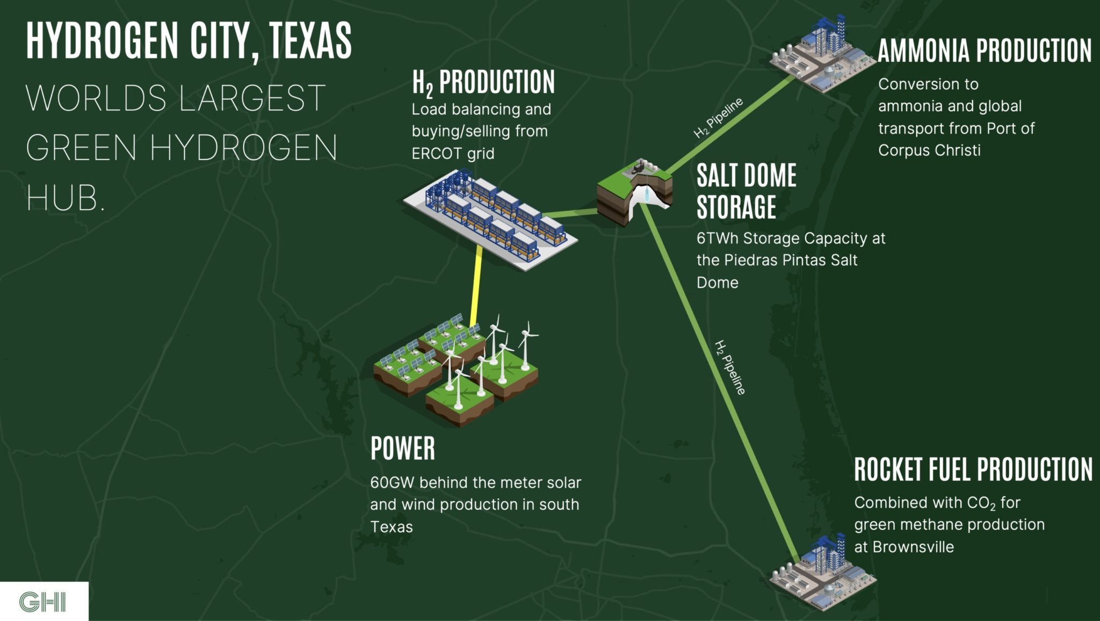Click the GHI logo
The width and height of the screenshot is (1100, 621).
pyautogui.click(x=42, y=602)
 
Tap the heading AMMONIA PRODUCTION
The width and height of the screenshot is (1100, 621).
pyautogui.click(x=984, y=50)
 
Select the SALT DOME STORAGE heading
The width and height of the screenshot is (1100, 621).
pyautogui.click(x=746, y=191)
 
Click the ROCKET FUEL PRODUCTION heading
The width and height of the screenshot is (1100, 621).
pyautogui.click(x=973, y=469)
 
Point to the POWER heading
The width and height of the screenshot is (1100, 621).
pyautogui.click(x=402, y=449)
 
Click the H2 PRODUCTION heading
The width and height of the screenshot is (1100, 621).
pyautogui.click(x=483, y=83)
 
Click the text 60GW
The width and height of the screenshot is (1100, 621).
pyautogui.click(x=392, y=483)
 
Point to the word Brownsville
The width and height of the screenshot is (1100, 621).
pyautogui.click(x=913, y=547)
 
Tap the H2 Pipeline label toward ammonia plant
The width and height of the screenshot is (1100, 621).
pyautogui.click(x=718, y=118)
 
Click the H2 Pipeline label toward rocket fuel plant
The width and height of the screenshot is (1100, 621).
pyautogui.click(x=730, y=367)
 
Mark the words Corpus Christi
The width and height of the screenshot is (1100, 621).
pyautogui.click(x=929, y=150)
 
